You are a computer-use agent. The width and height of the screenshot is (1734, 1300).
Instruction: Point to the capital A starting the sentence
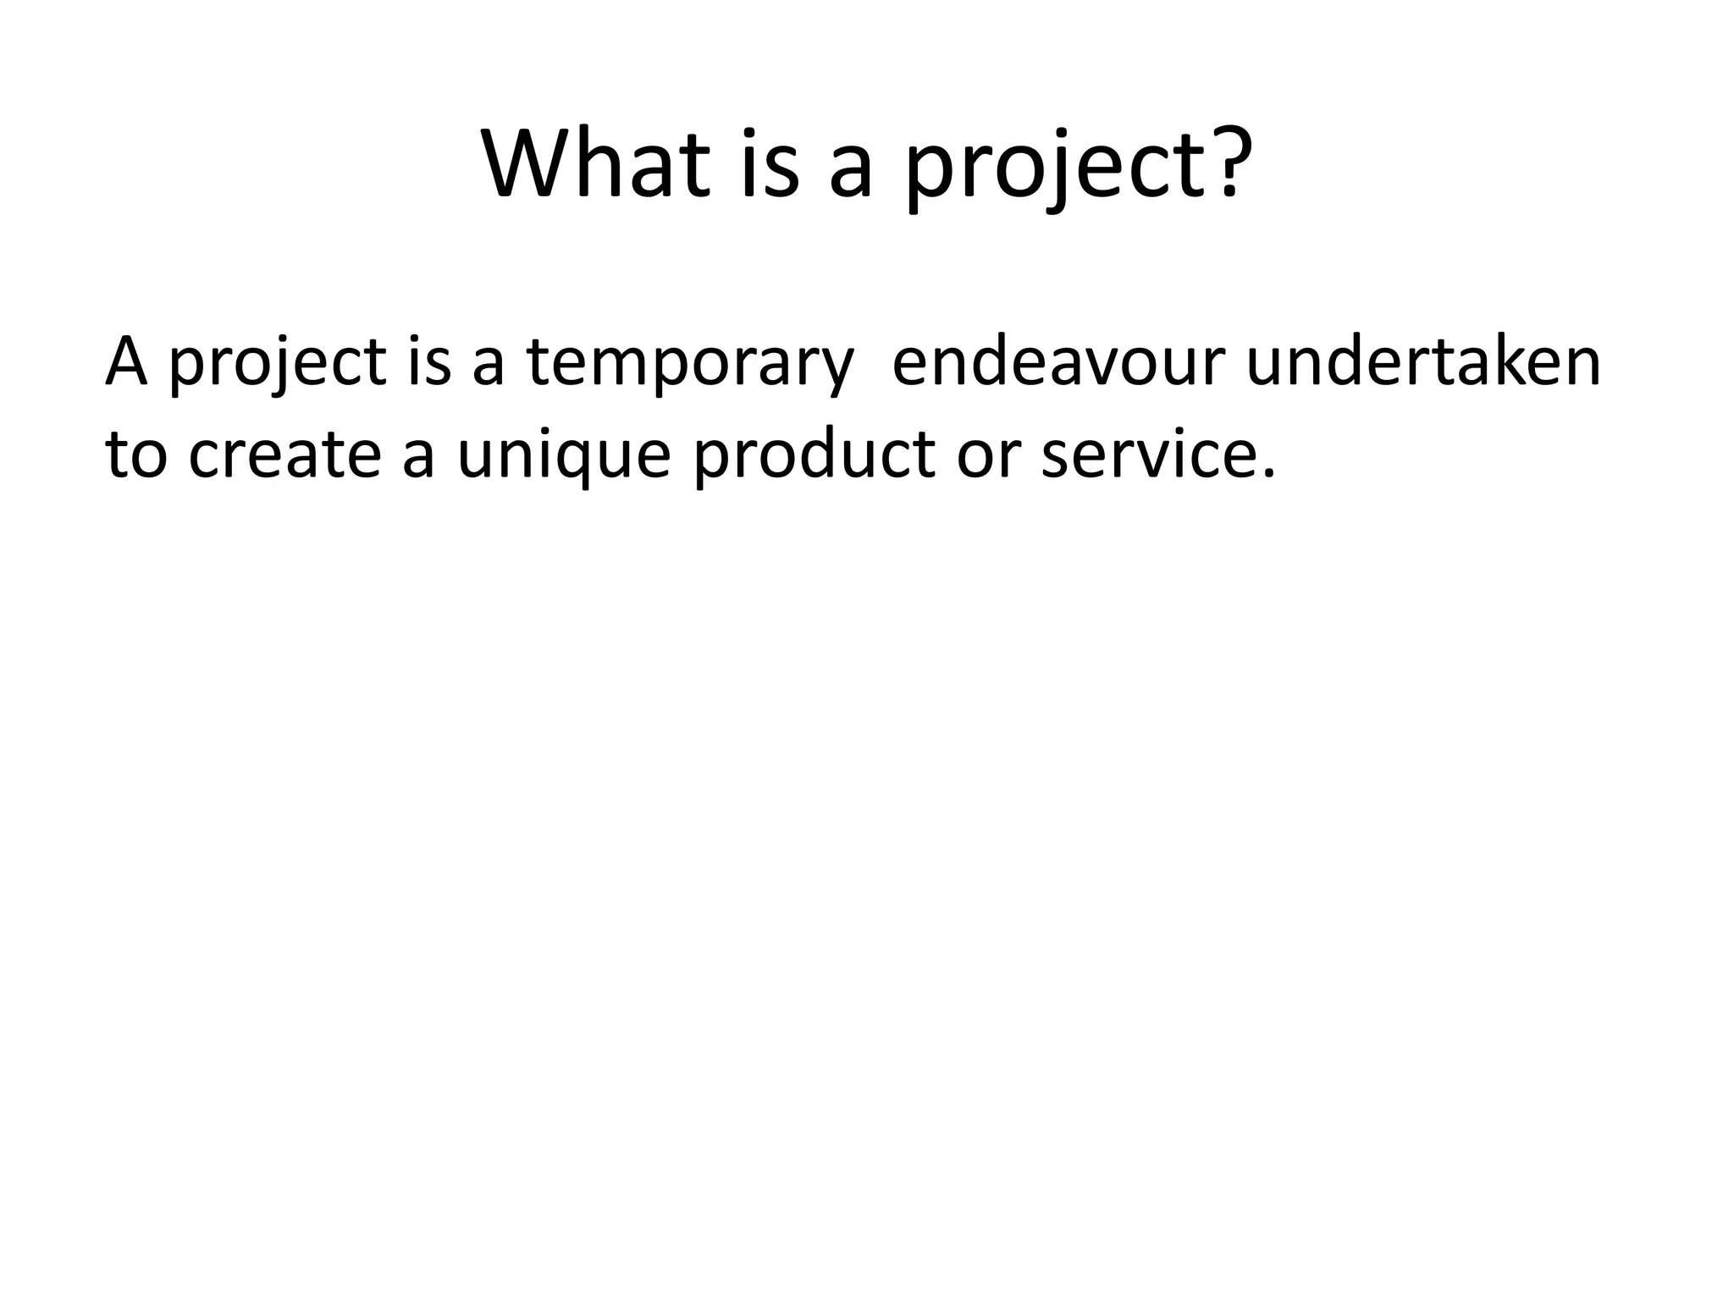point(126,361)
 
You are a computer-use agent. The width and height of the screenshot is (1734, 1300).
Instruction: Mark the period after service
point(1267,474)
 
